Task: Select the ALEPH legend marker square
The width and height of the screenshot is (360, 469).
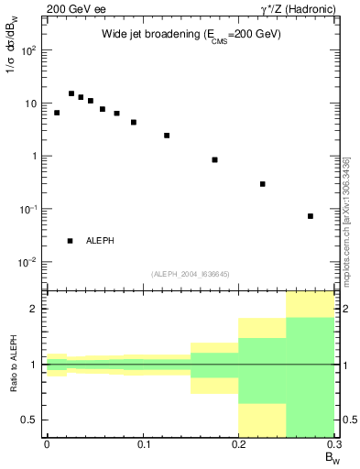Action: coord(71,241)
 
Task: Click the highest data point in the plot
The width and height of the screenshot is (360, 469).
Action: coord(71,93)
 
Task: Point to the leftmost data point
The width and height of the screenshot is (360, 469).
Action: coord(57,113)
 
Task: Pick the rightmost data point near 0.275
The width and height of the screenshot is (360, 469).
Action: coord(311,216)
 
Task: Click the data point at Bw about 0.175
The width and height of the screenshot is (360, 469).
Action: coord(214,159)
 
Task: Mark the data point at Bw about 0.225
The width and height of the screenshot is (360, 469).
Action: coord(263,184)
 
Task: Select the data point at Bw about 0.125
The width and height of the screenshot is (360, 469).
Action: coord(167,136)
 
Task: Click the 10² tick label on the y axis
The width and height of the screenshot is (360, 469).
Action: coord(28,50)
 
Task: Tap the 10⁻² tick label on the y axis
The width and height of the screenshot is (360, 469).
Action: coord(28,262)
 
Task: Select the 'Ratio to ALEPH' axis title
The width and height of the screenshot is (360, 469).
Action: coord(14,364)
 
